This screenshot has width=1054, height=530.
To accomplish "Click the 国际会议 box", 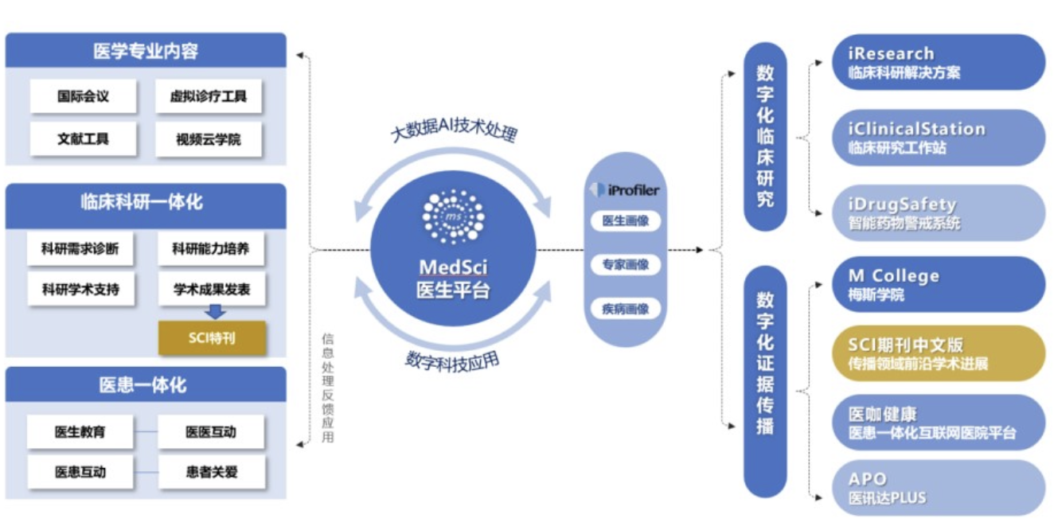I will click(x=83, y=96).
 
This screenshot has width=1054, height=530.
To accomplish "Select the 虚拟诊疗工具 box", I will click(x=209, y=96).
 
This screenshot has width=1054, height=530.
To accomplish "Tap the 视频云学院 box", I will click(x=209, y=140).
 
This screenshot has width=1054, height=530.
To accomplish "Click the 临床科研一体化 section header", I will click(x=146, y=203).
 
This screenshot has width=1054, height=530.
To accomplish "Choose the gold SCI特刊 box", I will click(x=212, y=338).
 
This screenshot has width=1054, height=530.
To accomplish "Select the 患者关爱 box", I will click(x=212, y=472).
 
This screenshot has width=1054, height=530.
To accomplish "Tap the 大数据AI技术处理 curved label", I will click(x=454, y=131).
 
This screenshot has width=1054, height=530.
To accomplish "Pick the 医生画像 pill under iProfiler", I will click(x=626, y=221).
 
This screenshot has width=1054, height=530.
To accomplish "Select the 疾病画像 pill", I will click(x=626, y=309).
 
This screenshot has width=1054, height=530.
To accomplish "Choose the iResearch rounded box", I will click(x=936, y=62).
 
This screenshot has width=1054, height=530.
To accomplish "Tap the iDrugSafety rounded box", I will click(x=936, y=213).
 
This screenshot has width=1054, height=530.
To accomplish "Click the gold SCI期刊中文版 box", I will click(x=936, y=353).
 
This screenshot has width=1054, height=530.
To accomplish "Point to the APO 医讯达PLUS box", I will click(x=936, y=488).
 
